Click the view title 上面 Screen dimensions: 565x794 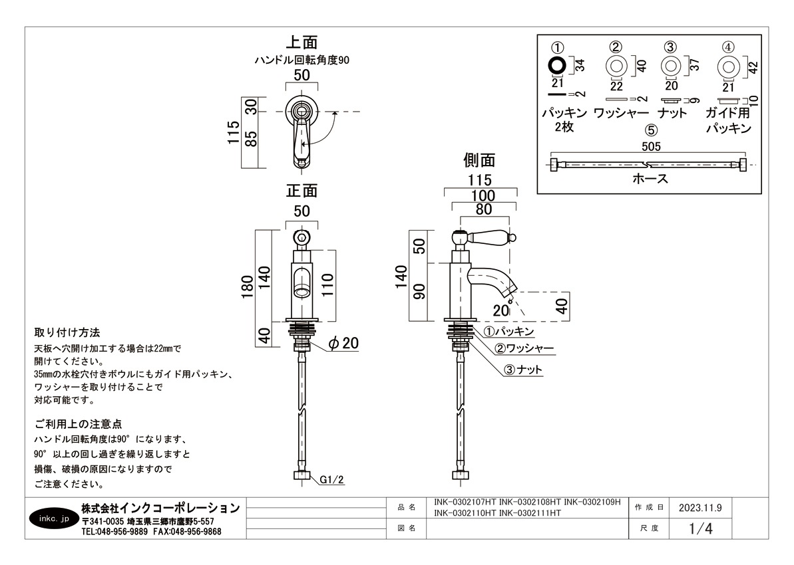tap(301, 43)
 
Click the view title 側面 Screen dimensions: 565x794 tap(479, 160)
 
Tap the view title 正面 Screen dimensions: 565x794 tap(301, 191)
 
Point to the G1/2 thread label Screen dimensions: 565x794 tap(331, 479)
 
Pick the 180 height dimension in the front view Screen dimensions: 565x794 tap(247, 288)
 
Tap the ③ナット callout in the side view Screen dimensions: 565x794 tap(522, 370)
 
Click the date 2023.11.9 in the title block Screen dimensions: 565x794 tap(700, 508)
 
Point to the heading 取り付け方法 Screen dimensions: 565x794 tap(67, 332)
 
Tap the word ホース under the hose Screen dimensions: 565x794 tap(650, 179)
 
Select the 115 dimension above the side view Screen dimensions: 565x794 tap(479, 180)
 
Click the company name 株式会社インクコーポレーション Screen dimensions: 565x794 tap(160, 508)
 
